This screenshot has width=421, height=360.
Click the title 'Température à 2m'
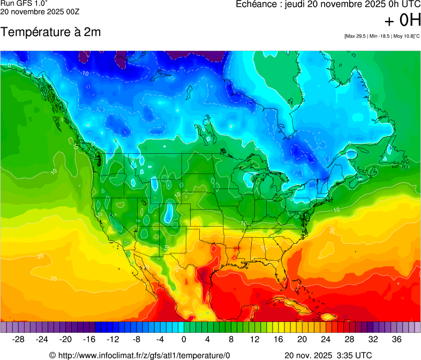(50, 32)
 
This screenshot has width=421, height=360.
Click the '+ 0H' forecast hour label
(402, 21)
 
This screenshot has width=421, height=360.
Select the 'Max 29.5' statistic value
(356, 36)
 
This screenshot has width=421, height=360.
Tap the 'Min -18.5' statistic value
(379, 36)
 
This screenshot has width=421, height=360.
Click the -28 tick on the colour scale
(19, 340)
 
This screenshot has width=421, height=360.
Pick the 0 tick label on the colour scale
(184, 340)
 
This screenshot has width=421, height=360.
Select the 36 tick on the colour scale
(396, 340)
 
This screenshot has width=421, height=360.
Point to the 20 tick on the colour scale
(302, 340)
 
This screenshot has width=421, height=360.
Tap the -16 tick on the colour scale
(89, 340)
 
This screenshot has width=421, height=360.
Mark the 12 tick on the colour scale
(254, 340)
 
